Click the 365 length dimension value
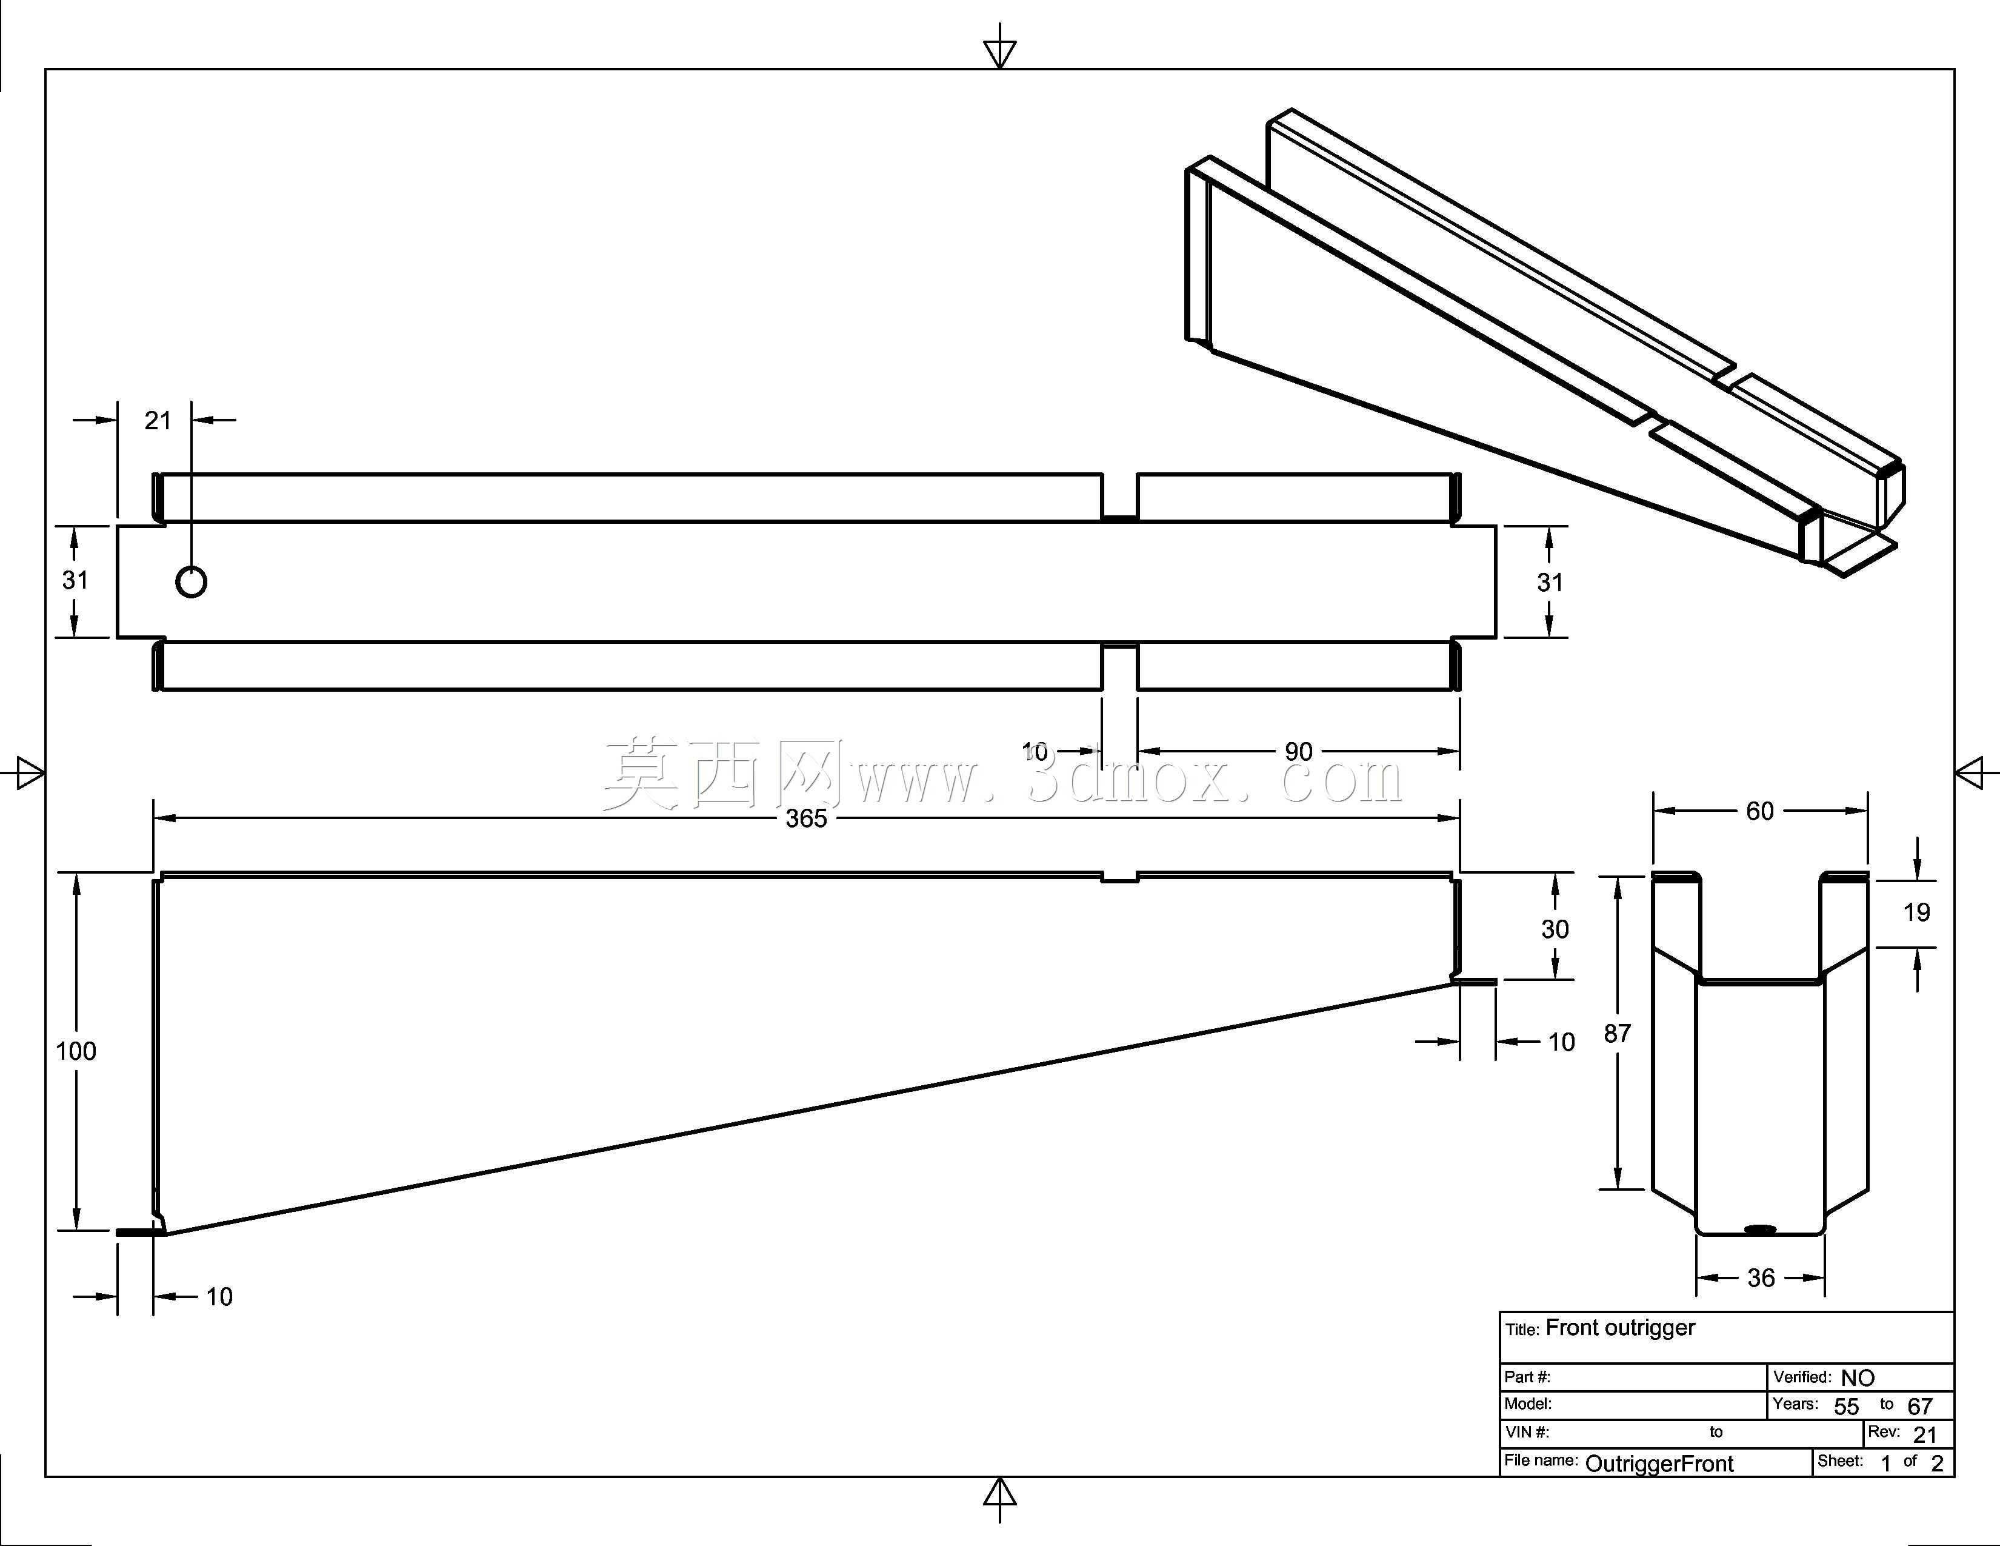tap(806, 818)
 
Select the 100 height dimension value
tap(76, 1051)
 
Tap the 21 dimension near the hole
tap(158, 420)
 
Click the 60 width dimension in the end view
tap(1759, 811)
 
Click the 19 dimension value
tap(1916, 912)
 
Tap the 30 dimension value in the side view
tap(1555, 929)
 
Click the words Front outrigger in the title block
tap(1620, 1328)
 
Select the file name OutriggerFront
tap(1659, 1464)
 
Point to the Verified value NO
tap(1858, 1377)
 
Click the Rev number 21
tap(1925, 1435)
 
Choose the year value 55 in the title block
tap(1846, 1407)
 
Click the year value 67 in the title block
tap(1919, 1407)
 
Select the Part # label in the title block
tap(1527, 1377)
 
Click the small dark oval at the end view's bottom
tap(1760, 1229)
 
